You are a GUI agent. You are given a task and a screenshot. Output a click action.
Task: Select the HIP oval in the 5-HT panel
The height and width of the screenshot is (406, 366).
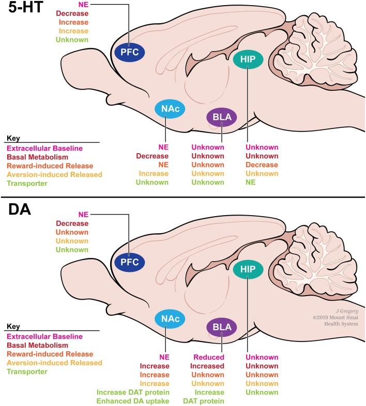(248, 59)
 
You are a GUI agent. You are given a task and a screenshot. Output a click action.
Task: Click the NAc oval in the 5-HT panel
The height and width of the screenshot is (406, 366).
(170, 108)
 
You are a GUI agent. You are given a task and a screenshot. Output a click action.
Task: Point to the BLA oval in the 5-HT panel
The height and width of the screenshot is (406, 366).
(221, 118)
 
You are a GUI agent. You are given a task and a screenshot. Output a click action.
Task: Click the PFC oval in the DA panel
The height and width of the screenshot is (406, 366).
(130, 262)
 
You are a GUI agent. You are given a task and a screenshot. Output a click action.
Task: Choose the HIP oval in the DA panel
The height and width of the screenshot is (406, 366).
(248, 269)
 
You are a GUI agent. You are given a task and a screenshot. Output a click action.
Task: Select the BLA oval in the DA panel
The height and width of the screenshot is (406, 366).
(221, 327)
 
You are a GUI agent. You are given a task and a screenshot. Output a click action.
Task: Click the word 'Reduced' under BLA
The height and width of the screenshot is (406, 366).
(209, 357)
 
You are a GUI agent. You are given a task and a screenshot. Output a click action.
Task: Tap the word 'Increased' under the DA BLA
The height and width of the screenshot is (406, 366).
(209, 366)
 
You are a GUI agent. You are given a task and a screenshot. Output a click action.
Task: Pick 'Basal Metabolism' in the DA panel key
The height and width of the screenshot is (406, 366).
(37, 345)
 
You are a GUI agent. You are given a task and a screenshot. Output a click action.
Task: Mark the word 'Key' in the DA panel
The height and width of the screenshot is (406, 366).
(12, 327)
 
